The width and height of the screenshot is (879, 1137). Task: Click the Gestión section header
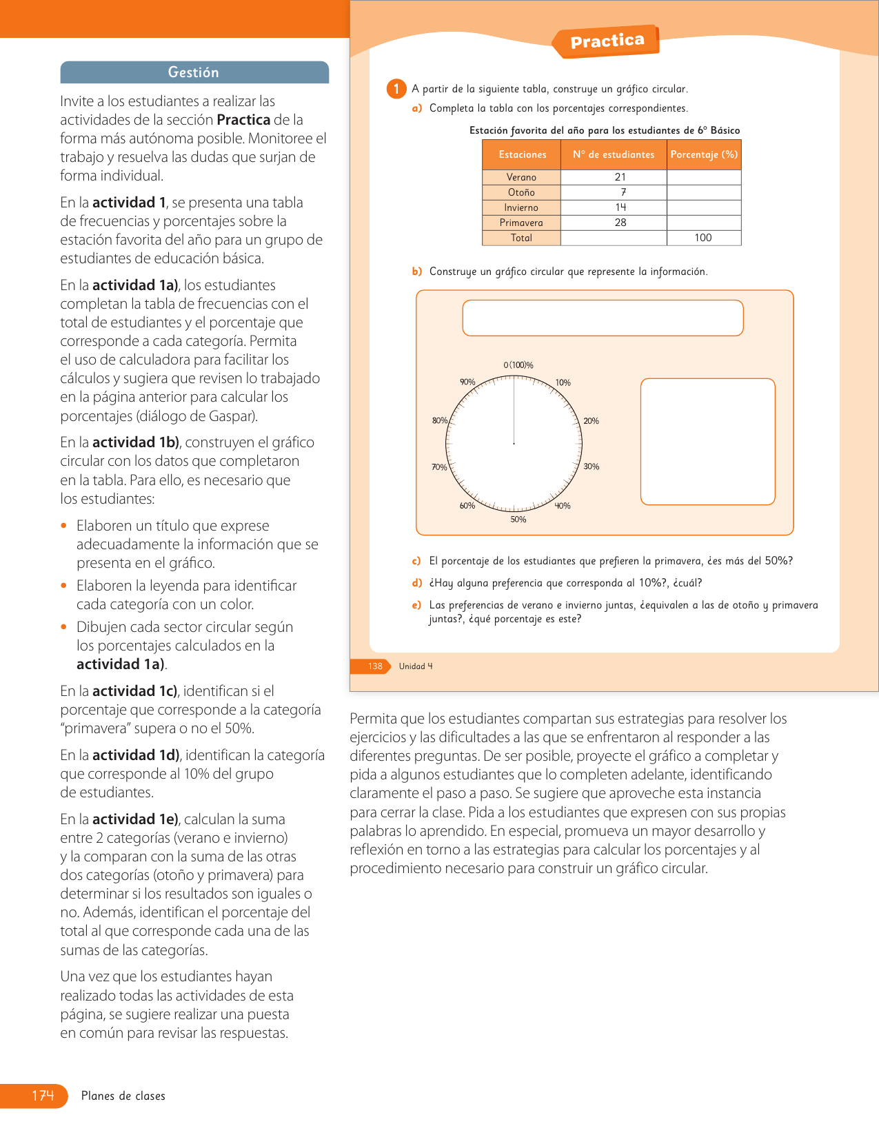(x=194, y=72)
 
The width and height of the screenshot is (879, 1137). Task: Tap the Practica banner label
(x=607, y=41)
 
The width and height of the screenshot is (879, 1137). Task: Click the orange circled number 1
(x=396, y=89)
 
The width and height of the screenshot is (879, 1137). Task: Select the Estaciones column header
(x=522, y=154)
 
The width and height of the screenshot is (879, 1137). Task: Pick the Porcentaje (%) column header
(x=704, y=154)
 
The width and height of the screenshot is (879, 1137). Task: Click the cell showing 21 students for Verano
(x=620, y=177)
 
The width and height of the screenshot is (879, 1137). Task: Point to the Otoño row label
(x=521, y=192)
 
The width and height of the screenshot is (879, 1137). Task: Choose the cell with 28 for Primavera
(x=620, y=223)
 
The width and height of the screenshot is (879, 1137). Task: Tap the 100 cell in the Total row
(x=703, y=238)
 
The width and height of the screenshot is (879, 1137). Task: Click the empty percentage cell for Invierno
(x=704, y=207)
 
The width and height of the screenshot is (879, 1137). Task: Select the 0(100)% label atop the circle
(x=518, y=365)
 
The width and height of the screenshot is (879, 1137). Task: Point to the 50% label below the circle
(x=518, y=520)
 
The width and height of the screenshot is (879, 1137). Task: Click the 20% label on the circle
(x=591, y=421)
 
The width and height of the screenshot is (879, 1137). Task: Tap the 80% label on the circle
(x=439, y=421)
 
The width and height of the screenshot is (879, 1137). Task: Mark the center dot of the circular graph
(x=514, y=444)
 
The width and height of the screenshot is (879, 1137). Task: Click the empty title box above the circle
(x=603, y=318)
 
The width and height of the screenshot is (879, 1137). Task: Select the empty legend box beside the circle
(x=707, y=442)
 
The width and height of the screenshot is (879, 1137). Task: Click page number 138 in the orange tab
(x=375, y=666)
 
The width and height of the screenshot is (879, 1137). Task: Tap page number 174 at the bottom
(x=43, y=1096)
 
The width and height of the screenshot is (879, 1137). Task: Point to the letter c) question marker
(x=416, y=561)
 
